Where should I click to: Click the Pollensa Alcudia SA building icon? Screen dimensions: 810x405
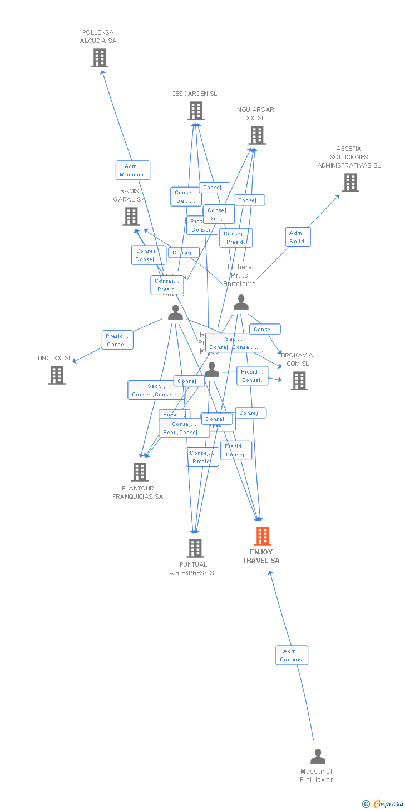click(x=99, y=58)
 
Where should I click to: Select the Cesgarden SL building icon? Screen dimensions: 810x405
click(x=195, y=111)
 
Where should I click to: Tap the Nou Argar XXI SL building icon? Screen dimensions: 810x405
click(x=256, y=135)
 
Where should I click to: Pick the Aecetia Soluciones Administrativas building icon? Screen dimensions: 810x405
click(x=350, y=183)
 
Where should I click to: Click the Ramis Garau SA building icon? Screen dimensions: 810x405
click(x=131, y=217)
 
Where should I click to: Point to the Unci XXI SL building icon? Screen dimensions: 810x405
click(x=56, y=375)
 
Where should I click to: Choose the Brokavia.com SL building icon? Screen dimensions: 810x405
click(x=299, y=381)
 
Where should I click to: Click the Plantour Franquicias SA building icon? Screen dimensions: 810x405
click(x=139, y=472)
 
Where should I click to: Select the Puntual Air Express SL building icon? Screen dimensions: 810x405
click(x=195, y=548)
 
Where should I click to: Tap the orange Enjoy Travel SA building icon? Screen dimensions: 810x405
click(x=262, y=536)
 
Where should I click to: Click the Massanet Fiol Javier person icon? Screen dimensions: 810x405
click(x=318, y=756)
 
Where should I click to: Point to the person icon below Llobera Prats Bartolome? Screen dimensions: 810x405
click(x=241, y=302)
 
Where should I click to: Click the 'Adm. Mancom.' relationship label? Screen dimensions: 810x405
click(x=133, y=170)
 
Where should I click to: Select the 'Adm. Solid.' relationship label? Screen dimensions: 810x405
click(x=298, y=237)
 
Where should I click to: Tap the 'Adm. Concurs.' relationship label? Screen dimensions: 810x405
click(x=292, y=655)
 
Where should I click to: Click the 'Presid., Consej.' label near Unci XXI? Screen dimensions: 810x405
click(x=117, y=340)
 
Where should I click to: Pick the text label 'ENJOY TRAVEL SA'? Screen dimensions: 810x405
click(x=261, y=556)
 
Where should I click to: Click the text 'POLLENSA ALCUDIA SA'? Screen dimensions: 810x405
click(x=98, y=37)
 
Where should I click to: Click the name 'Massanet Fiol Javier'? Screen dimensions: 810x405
click(x=317, y=775)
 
